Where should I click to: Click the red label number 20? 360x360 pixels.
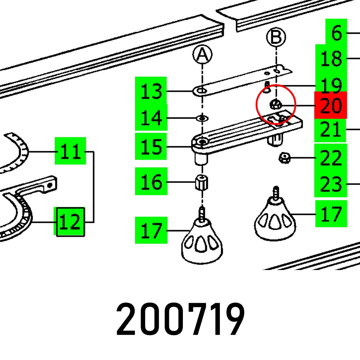(x=330, y=105)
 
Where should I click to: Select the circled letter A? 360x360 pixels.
(x=202, y=54)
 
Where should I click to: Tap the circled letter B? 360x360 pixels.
(x=276, y=37)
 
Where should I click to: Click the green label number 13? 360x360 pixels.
(x=151, y=91)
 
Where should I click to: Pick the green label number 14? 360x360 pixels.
(x=151, y=117)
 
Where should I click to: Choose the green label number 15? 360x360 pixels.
(x=151, y=146)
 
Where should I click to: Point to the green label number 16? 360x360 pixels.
(x=151, y=181)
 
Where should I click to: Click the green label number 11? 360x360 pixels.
(x=70, y=151)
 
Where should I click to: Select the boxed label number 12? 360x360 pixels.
(x=70, y=222)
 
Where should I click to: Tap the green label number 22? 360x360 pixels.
(x=330, y=157)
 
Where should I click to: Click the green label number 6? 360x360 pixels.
(x=336, y=32)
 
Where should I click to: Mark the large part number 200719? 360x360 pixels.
(x=180, y=319)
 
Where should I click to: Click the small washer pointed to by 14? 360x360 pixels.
(x=202, y=118)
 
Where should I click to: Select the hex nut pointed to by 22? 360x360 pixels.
(x=284, y=158)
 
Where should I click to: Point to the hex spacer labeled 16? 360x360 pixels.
(x=202, y=182)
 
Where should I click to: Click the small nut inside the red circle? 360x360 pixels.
(x=276, y=105)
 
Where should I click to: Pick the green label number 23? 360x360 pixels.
(x=330, y=184)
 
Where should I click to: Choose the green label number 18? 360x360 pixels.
(x=331, y=58)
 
